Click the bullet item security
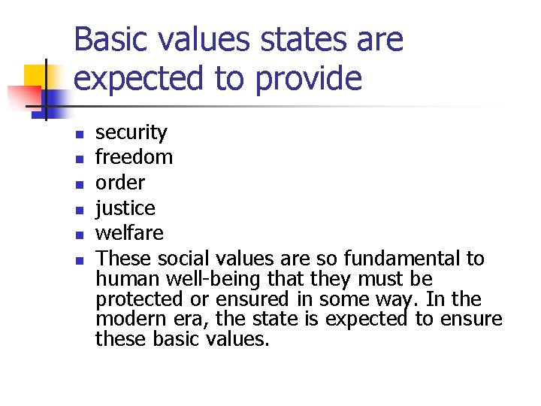pyautogui.click(x=131, y=133)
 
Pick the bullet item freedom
pyautogui.click(x=134, y=157)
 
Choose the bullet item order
pyautogui.click(x=120, y=183)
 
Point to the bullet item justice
pyautogui.click(x=125, y=208)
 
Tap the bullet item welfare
pyautogui.click(x=129, y=233)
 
